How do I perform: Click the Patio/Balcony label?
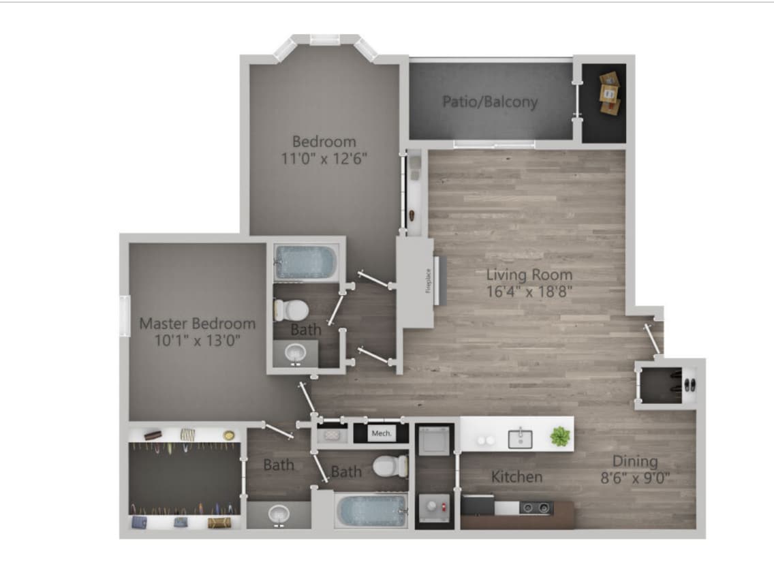click(x=490, y=102)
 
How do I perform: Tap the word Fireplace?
click(x=429, y=280)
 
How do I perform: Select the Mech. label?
click(x=380, y=433)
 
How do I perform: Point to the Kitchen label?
click(x=517, y=477)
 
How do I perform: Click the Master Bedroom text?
click(x=198, y=324)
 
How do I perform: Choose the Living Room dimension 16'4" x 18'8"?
click(x=529, y=292)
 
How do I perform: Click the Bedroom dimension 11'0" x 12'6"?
click(x=324, y=159)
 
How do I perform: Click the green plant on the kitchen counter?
click(x=560, y=437)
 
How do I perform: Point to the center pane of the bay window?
click(x=325, y=40)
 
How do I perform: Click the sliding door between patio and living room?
click(x=495, y=144)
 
